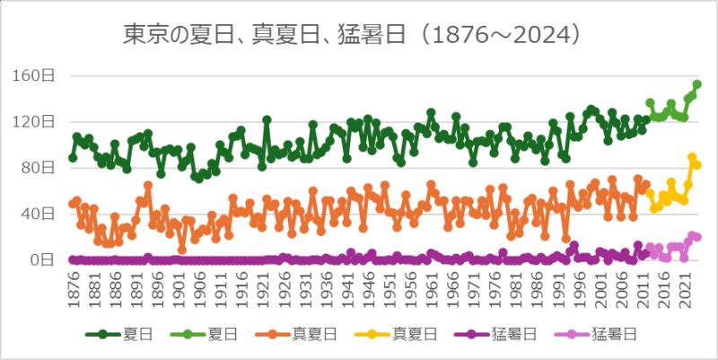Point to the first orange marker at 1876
pos(73,204)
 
